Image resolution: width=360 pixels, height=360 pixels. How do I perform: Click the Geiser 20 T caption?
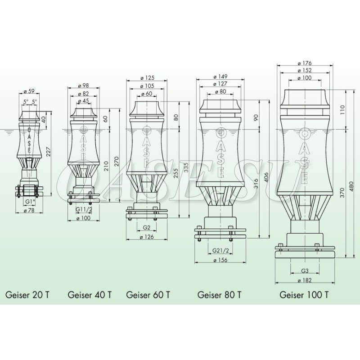(27, 295)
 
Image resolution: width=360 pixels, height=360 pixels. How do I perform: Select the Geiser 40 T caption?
(90, 295)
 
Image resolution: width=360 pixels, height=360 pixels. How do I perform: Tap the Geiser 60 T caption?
(148, 295)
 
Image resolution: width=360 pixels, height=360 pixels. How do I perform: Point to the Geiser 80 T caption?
(220, 295)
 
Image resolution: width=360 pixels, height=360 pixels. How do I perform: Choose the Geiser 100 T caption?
(304, 295)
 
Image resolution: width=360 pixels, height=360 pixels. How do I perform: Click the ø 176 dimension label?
(305, 63)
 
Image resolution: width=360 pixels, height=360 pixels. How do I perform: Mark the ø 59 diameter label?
(29, 91)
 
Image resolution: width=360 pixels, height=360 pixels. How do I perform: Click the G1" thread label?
(30, 202)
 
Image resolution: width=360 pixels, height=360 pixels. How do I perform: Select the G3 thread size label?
(305, 271)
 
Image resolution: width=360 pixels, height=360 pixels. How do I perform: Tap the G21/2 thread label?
(220, 251)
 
